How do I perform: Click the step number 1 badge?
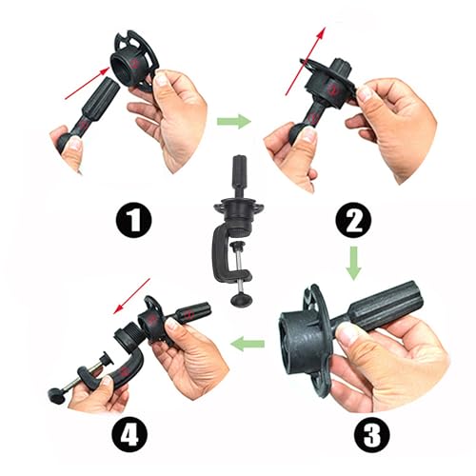pyautogui.click(x=132, y=222)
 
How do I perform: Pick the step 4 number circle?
pyautogui.click(x=132, y=436)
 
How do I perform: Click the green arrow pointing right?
pyautogui.click(x=233, y=121)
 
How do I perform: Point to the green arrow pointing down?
pyautogui.click(x=352, y=264)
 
